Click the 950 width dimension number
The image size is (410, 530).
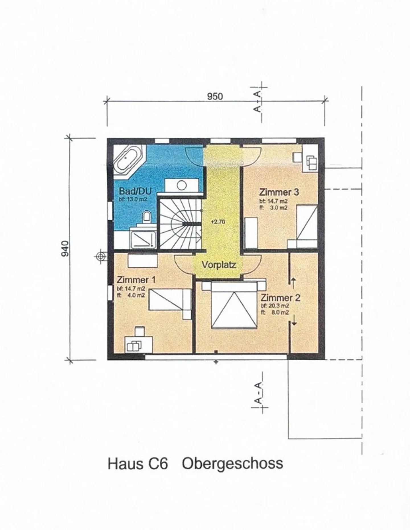tap(215, 96)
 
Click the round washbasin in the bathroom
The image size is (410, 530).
tap(181, 185)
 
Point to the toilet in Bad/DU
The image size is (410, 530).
tap(147, 217)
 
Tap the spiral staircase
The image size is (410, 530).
tap(180, 223)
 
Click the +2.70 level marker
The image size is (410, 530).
tap(218, 222)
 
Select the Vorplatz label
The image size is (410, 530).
tap(219, 265)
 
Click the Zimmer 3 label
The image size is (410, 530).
tap(279, 192)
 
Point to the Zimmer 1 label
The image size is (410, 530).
tap(136, 280)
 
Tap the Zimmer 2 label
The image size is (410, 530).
tap(280, 298)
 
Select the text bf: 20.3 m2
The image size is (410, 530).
tap(275, 306)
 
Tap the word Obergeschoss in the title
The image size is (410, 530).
tap(233, 463)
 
